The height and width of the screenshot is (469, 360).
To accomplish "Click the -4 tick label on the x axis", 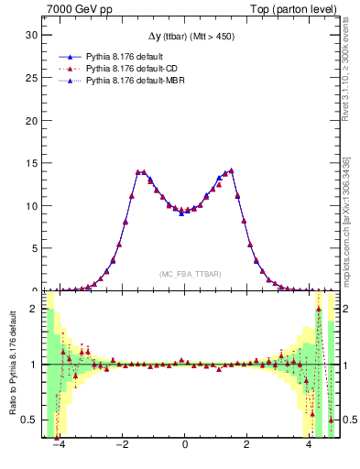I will point(59,446).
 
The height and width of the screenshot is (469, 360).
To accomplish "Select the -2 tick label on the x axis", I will point(122,446).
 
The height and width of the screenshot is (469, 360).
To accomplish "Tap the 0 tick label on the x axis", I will point(186,446).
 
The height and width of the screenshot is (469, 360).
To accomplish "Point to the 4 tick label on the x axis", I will point(311,446).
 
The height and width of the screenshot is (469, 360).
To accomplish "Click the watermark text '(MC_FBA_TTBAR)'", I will point(190,274).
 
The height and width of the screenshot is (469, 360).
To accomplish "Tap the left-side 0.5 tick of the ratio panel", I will point(29,420).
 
